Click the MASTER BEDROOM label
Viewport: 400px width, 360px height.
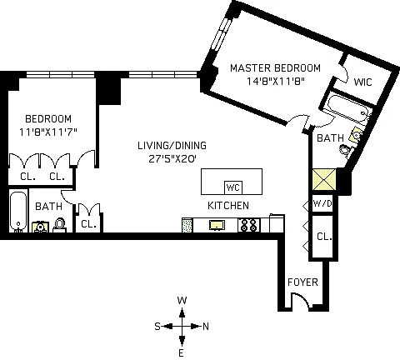[x=275, y=68]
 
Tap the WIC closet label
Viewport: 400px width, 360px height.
[x=362, y=82]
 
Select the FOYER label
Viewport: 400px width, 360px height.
[x=302, y=282]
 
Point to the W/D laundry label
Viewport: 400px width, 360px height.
[x=322, y=203]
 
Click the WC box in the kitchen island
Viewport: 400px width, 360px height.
[x=233, y=187]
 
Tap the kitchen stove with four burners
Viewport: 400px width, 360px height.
[x=249, y=225]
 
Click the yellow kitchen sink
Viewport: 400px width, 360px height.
[x=217, y=225]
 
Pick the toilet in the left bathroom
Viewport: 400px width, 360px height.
[x=59, y=225]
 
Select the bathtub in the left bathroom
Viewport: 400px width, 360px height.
[x=18, y=211]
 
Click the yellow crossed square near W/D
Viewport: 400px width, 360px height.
[x=324, y=179]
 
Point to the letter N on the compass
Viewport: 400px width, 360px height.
[x=206, y=327]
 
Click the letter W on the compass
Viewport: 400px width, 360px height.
[x=182, y=301]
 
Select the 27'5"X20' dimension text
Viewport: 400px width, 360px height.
[x=172, y=159]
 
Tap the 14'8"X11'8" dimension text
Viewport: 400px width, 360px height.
[x=276, y=82]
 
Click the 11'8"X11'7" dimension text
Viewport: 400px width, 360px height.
[x=47, y=132]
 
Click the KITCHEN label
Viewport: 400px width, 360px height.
[x=228, y=206]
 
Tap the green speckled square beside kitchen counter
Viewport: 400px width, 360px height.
[x=187, y=225]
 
